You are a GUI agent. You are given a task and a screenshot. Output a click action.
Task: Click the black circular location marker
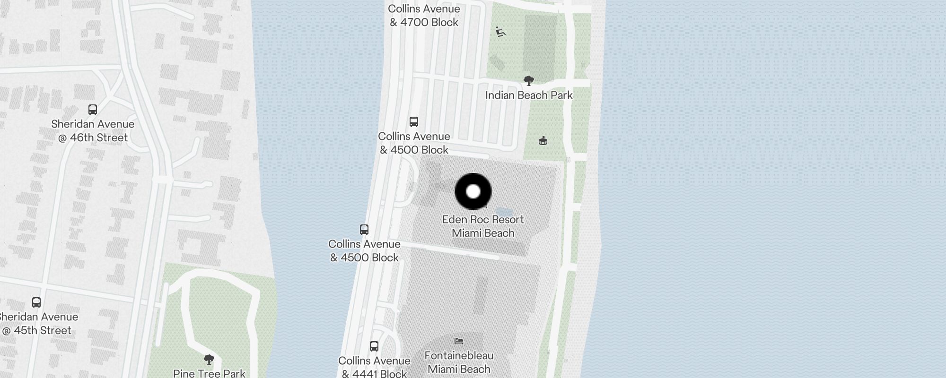(x=473, y=191)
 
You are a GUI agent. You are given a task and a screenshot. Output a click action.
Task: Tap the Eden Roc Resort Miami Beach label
(x=483, y=226)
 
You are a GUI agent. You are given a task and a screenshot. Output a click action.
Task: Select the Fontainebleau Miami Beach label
(x=459, y=362)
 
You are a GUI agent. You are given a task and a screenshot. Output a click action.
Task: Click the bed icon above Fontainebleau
(x=458, y=341)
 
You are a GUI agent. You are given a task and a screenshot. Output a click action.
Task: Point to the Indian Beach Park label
(x=529, y=95)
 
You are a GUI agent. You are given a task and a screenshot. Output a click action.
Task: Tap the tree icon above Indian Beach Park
(x=529, y=81)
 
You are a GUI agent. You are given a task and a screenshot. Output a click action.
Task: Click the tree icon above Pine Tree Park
(x=209, y=360)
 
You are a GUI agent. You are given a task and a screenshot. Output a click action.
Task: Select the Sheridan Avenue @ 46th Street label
(x=93, y=131)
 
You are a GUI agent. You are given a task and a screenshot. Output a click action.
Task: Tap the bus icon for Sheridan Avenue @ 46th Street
(x=93, y=110)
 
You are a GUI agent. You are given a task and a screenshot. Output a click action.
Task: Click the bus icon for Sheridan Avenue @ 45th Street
(x=36, y=302)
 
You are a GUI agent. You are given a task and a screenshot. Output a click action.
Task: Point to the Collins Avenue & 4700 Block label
(x=424, y=16)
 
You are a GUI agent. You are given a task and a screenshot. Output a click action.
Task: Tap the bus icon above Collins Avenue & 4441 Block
(x=374, y=346)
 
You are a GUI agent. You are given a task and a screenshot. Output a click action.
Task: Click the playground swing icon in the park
(x=500, y=32)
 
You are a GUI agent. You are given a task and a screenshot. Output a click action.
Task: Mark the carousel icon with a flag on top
(x=543, y=141)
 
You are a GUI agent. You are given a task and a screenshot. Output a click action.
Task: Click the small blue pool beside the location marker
(x=502, y=211)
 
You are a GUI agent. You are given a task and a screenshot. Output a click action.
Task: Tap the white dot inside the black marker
(x=473, y=191)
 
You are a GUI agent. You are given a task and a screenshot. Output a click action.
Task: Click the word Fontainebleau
(x=459, y=356)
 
